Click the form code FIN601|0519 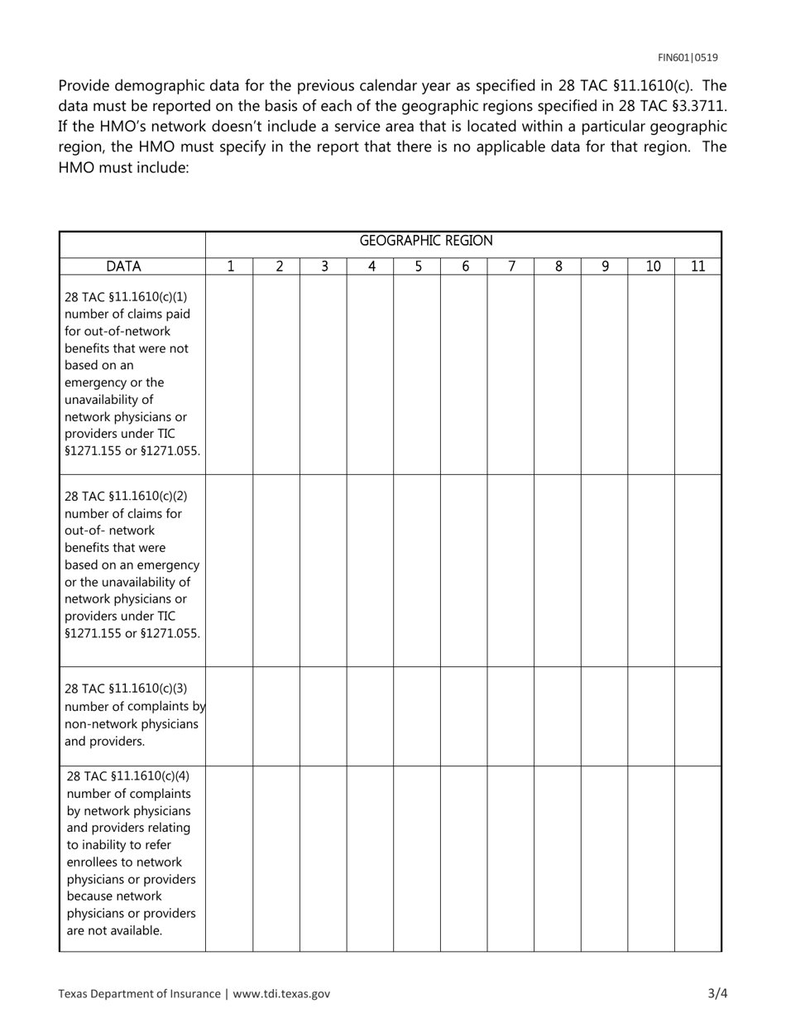point(688,57)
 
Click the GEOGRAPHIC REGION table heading point(426,241)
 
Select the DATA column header point(123,267)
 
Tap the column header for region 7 point(511,267)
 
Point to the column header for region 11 point(697,267)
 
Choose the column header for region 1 point(230,267)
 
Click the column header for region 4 point(371,267)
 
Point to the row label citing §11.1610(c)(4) point(131,852)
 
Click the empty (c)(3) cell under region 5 point(417,716)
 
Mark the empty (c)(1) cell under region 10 point(651,374)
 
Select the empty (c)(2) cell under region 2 point(276,570)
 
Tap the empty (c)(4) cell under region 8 point(558,858)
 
